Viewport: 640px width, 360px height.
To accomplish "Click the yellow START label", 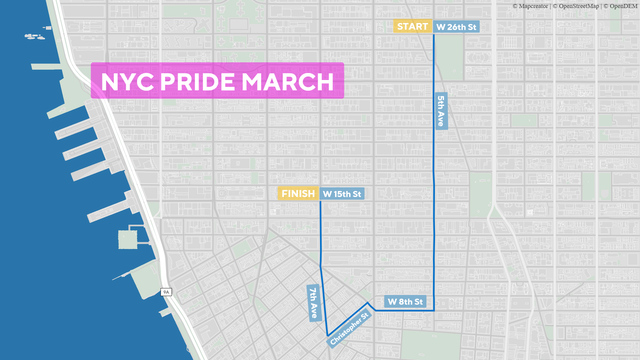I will [413, 26].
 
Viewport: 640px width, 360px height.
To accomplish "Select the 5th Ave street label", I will [441, 110].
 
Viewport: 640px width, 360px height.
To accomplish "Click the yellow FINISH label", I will [299, 193].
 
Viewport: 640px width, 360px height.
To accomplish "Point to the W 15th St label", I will [342, 193].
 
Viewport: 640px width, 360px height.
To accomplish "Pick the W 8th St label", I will [406, 301].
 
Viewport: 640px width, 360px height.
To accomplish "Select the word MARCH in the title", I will [288, 82].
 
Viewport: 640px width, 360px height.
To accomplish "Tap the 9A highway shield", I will [165, 292].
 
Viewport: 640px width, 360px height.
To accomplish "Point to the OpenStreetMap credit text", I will [581, 5].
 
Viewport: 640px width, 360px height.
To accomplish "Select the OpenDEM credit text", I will [623, 5].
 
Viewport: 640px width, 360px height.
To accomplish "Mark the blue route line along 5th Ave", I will [434, 180].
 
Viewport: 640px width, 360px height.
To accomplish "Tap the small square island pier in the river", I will [128, 240].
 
